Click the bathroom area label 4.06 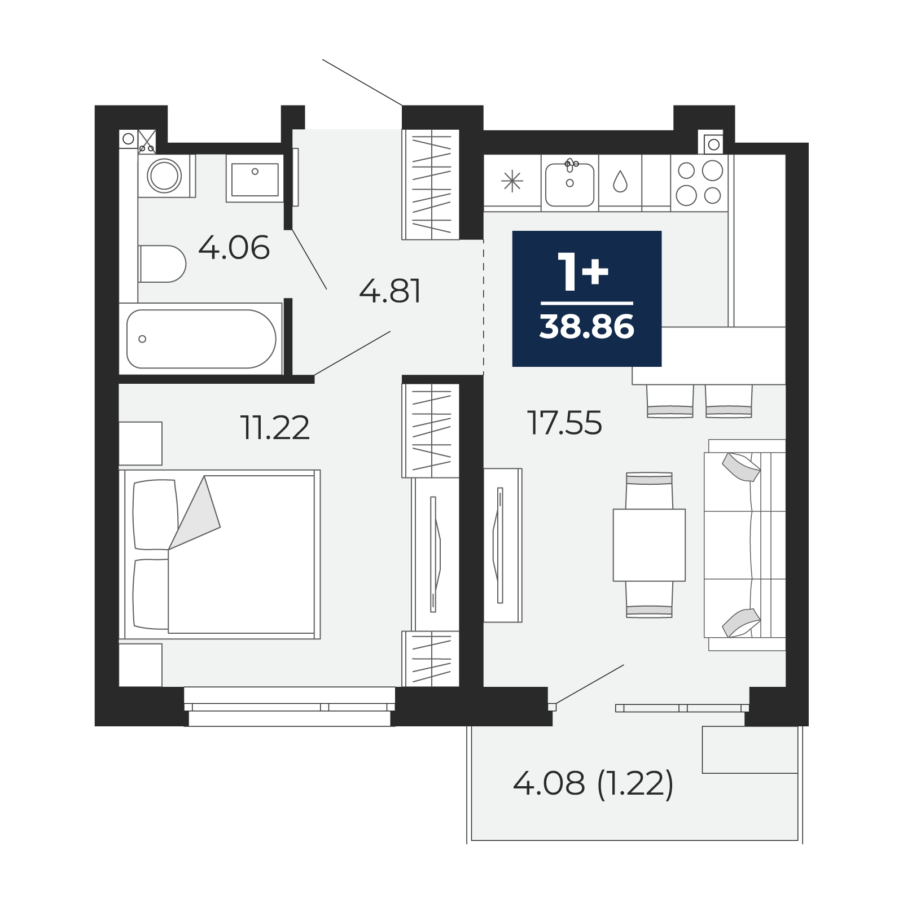[x=234, y=248]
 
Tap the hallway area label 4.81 [x=391, y=292]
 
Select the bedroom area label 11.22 [x=275, y=427]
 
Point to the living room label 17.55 [x=564, y=423]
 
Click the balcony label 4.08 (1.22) [x=593, y=784]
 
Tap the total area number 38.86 [x=587, y=327]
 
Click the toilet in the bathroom [x=162, y=264]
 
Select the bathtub [x=201, y=339]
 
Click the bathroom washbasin [x=255, y=178]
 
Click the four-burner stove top [x=699, y=182]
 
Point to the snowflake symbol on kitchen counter [x=512, y=182]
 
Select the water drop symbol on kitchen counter [x=620, y=181]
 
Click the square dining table [x=649, y=545]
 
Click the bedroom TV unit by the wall [x=435, y=554]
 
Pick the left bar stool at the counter [x=670, y=401]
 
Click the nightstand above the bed [x=141, y=444]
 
